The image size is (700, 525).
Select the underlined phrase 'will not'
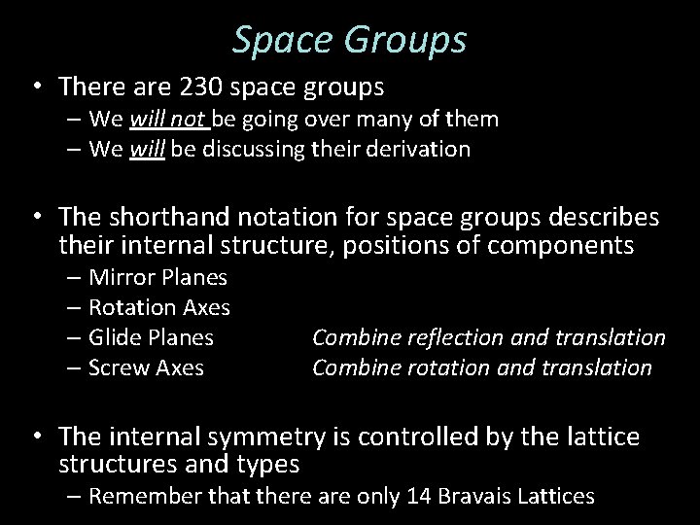coord(162,121)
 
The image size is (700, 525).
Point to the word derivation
coord(423,150)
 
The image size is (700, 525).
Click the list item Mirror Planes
coord(157,278)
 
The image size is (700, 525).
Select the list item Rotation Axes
coord(159,308)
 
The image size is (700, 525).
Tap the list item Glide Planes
coord(152,337)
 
